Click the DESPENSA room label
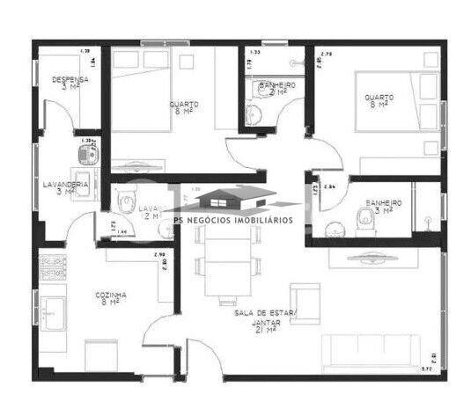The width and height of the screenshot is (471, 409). pyautogui.click(x=69, y=82)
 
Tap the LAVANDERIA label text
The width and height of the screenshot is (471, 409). pyautogui.click(x=65, y=186)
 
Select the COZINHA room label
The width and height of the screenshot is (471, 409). pyautogui.click(x=113, y=296)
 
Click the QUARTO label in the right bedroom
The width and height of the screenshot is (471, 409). pyautogui.click(x=379, y=99)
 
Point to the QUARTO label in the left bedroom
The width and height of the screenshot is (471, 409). pyautogui.click(x=185, y=106)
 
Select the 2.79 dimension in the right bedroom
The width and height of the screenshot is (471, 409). pyautogui.click(x=326, y=55)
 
